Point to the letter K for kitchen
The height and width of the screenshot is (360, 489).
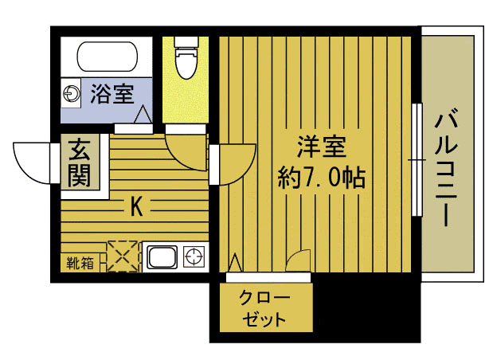click(x=136, y=208)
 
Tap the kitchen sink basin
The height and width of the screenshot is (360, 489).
click(x=162, y=257)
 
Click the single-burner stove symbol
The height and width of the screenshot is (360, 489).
click(x=194, y=256)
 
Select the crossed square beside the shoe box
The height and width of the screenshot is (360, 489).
click(x=123, y=256)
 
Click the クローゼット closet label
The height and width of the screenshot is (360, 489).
click(x=264, y=310)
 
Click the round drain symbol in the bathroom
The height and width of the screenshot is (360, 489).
click(x=73, y=93)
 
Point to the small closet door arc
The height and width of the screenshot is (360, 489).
click(x=299, y=260)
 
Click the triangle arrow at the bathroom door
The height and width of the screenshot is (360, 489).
click(x=144, y=116)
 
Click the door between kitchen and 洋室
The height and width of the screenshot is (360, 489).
click(x=234, y=163)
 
